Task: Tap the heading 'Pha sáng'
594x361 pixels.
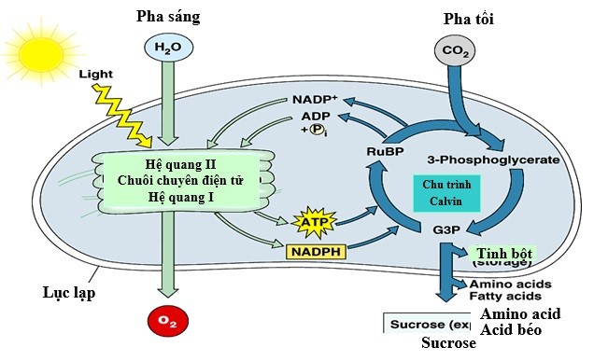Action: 168,16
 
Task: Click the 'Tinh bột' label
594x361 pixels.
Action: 504,255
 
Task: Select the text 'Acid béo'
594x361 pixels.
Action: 512,330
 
